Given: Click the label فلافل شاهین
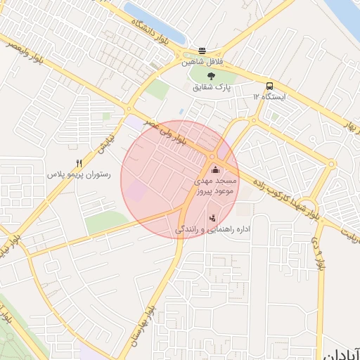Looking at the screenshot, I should [x=202, y=62].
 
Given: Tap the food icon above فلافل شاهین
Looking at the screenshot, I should [x=202, y=51].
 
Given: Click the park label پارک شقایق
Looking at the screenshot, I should [x=212, y=87].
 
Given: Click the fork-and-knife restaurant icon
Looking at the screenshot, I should [x=79, y=163].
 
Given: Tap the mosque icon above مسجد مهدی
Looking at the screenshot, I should [x=214, y=170].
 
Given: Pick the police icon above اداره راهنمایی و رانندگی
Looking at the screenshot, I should [x=212, y=218].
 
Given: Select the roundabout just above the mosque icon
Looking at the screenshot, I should [x=212, y=156].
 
